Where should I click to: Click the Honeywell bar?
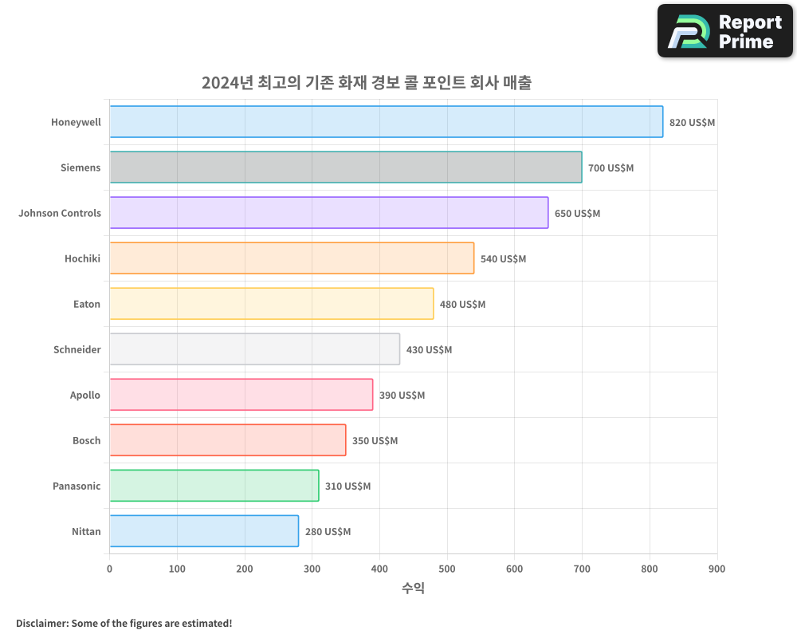tap(386, 122)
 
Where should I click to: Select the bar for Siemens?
tap(345, 167)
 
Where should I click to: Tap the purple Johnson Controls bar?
tap(328, 213)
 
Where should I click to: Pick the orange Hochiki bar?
tap(292, 258)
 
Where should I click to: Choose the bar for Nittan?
tap(204, 531)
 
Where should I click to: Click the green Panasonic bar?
tap(214, 486)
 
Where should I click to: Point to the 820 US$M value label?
tap(692, 123)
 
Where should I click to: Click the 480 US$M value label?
tap(462, 305)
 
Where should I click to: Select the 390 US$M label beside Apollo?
tap(402, 396)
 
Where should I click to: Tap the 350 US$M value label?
tap(375, 441)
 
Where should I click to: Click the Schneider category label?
tap(77, 349)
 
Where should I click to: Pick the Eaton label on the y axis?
tap(86, 304)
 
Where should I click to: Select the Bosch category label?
tap(86, 440)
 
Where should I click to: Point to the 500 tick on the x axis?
tap(447, 569)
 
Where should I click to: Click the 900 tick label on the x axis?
tap(717, 569)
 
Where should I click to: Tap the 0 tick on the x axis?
tap(110, 569)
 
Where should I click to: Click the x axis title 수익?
tap(413, 589)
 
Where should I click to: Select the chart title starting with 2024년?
tap(366, 82)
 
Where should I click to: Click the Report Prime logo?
tap(725, 31)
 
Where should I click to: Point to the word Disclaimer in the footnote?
tap(41, 623)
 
